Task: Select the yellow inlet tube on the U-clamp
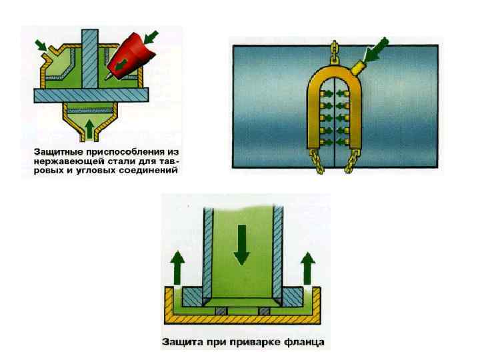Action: [360, 67]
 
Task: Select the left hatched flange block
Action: [195, 297]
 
